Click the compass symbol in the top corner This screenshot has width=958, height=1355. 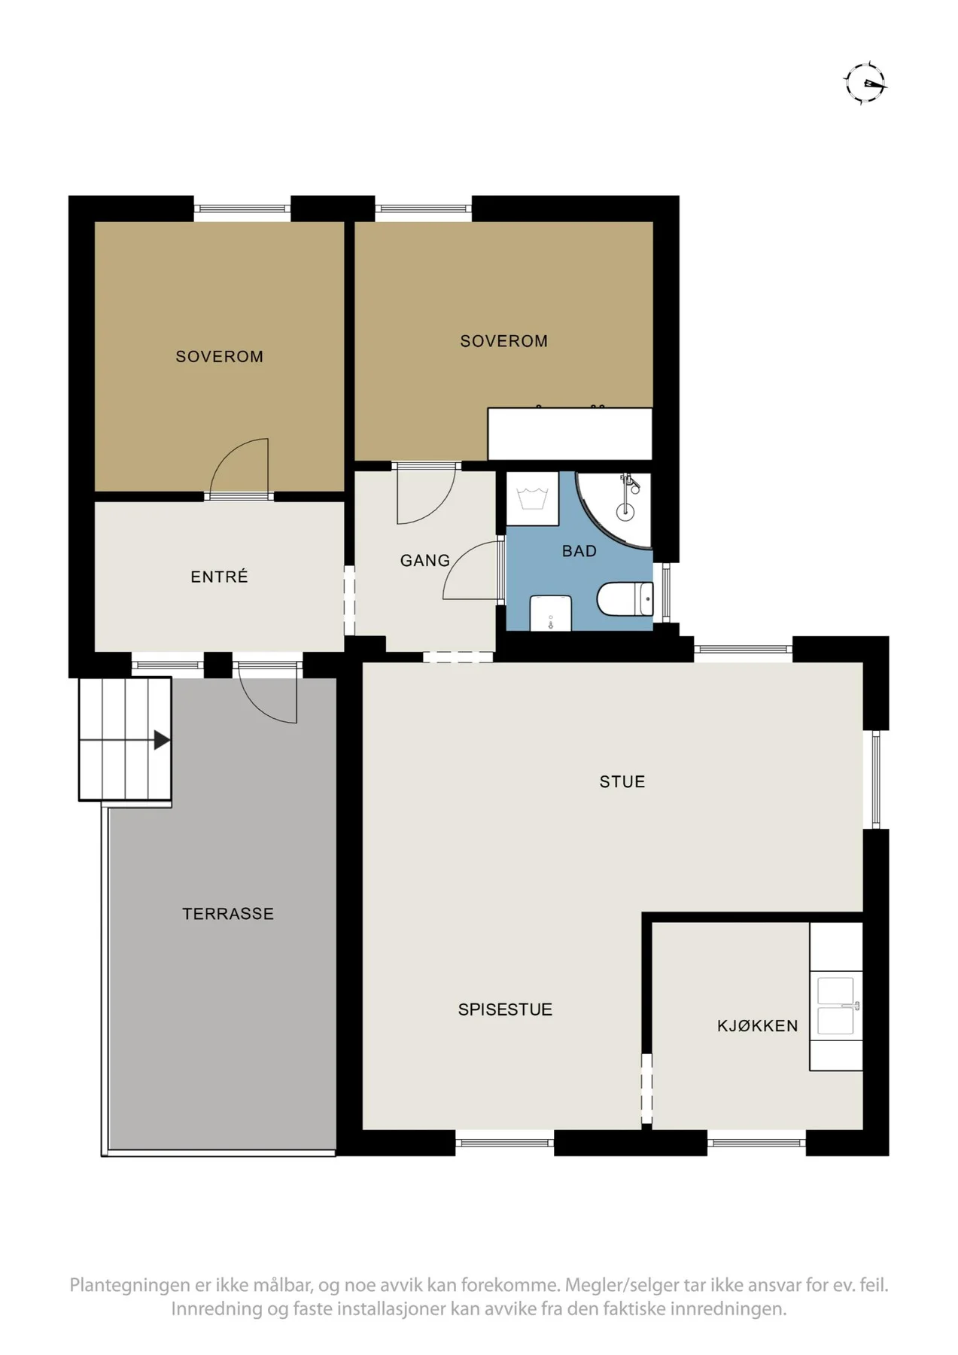pos(865,82)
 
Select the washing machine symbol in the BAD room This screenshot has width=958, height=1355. pos(532,498)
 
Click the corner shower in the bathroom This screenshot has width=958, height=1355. pos(613,510)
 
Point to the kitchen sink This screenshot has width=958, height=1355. pos(835,1006)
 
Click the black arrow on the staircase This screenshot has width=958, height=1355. pos(162,740)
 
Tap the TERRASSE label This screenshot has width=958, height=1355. pos(228,914)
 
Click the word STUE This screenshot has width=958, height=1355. pos(622,781)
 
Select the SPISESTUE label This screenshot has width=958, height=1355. pos(505,1009)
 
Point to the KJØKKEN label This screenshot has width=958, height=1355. pos(757,1025)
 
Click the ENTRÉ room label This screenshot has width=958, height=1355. pos(219,577)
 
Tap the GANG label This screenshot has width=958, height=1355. pos(424,560)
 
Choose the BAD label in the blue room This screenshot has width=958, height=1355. pos(579,551)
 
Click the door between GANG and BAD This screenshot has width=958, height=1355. pos(473,570)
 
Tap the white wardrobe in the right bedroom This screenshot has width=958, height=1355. pos(570,434)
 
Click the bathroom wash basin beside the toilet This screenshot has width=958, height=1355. pos(551,614)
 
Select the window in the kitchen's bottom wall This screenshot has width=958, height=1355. pos(756,1143)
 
